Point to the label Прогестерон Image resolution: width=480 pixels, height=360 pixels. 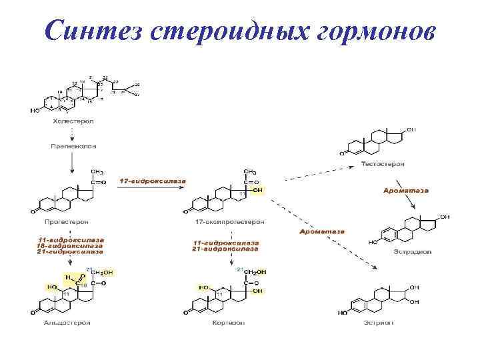pos(66,221)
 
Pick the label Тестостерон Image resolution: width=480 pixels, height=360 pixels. pos(382,163)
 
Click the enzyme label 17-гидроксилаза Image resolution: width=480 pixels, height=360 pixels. pos(153,181)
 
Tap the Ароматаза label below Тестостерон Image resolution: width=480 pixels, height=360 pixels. pos(406,190)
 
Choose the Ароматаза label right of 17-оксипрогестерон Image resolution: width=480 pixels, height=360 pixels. pos(321,231)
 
